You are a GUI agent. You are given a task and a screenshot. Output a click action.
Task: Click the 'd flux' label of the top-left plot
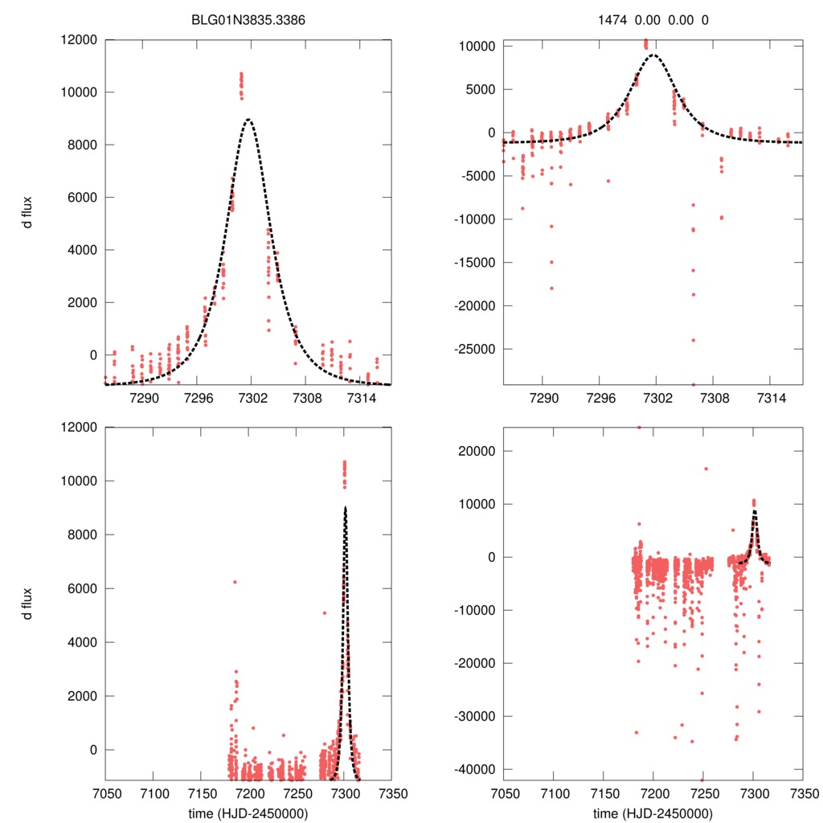(27, 212)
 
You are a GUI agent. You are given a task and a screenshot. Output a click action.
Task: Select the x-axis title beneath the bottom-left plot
(248, 813)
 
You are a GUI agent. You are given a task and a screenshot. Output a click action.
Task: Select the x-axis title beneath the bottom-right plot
(653, 813)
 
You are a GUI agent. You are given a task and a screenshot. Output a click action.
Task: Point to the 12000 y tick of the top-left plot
(79, 39)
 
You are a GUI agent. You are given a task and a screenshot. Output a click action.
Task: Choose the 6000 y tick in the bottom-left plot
(82, 588)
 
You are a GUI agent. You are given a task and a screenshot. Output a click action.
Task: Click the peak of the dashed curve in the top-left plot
(249, 120)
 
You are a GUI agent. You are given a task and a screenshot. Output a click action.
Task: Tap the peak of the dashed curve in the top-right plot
(654, 55)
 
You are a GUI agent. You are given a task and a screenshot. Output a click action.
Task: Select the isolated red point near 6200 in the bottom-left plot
(235, 582)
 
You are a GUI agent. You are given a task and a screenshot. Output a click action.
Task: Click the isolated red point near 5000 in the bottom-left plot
(325, 613)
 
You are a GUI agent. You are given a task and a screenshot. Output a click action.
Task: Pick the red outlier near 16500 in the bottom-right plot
(706, 469)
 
